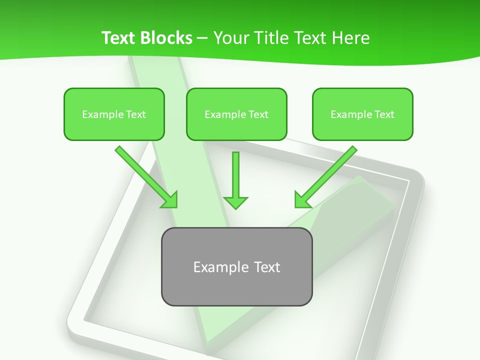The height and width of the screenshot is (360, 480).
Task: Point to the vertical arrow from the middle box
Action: coord(235,175)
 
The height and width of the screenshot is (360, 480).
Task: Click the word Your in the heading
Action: coord(230,38)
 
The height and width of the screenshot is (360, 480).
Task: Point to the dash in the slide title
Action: coord(202,38)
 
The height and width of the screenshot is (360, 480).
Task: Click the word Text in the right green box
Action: coord(384,114)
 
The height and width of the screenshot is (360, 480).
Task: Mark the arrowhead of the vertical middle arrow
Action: coord(235,202)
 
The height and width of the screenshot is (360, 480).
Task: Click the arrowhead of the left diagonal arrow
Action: coord(170,200)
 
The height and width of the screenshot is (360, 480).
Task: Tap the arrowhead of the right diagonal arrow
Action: coord(302,200)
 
